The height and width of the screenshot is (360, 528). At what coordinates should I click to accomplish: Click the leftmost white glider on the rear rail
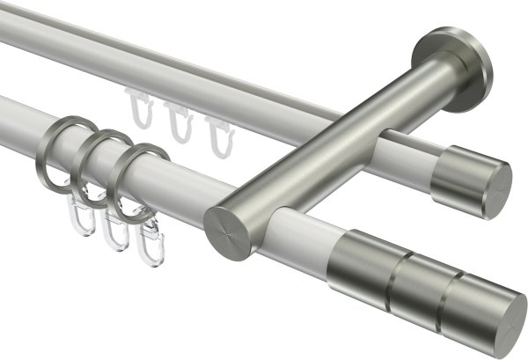tap(138, 111)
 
